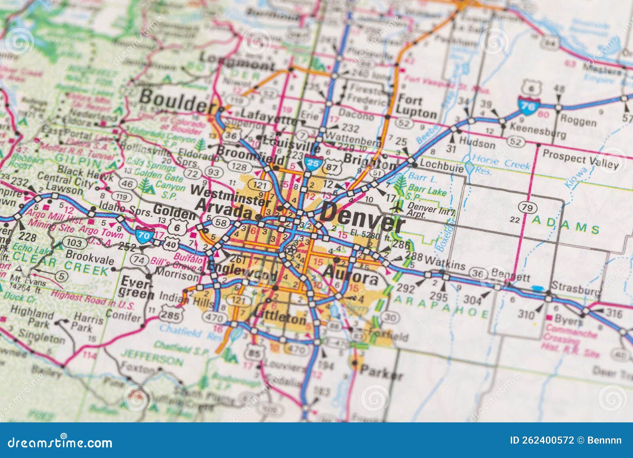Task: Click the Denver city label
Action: click(362, 220)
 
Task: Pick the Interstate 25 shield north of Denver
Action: click(312, 164)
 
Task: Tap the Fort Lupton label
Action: click(416, 106)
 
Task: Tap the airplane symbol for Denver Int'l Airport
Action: click(396, 207)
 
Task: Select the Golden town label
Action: click(174, 212)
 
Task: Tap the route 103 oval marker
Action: click(75, 243)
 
